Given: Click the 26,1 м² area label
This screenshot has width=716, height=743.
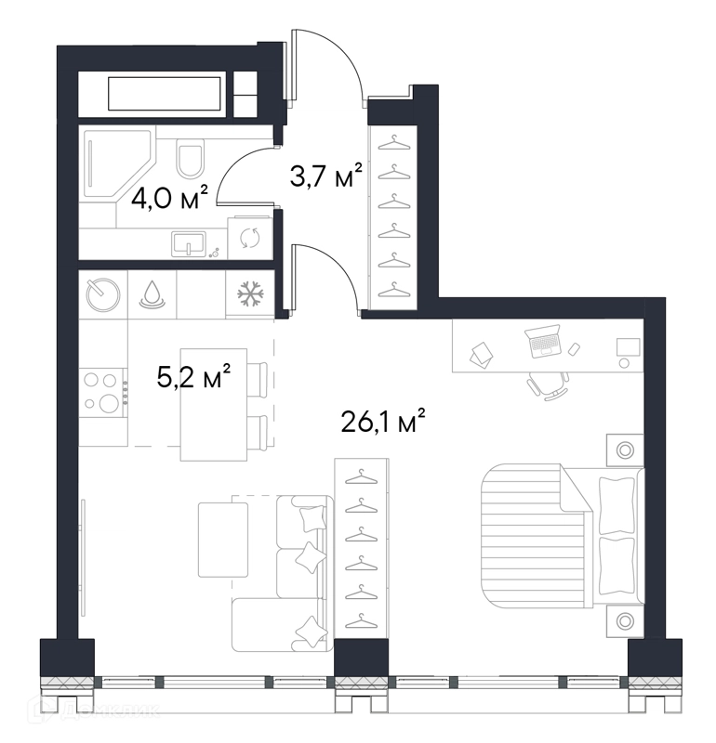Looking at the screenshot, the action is [x=382, y=421].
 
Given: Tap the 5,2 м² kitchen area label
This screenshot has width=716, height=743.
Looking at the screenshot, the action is [x=193, y=376].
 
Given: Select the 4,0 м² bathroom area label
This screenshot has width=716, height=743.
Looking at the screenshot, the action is [x=169, y=198].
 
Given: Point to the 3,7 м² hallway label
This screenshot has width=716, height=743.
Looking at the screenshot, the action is [x=325, y=175].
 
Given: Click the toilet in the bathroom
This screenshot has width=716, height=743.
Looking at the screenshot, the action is [x=191, y=158].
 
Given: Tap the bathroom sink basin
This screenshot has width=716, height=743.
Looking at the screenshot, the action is [x=189, y=243].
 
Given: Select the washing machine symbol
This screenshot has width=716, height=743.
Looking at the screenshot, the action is [x=249, y=238].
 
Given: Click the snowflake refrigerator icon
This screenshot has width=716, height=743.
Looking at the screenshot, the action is [x=249, y=293].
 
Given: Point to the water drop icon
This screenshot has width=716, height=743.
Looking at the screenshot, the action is [x=152, y=294].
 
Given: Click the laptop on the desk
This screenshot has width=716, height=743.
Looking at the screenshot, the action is [x=543, y=340].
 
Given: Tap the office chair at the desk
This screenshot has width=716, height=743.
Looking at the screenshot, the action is [x=548, y=385].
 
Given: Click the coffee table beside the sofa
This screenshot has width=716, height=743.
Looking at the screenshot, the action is [x=223, y=540].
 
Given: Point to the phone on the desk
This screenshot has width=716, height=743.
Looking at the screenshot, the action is [x=574, y=349].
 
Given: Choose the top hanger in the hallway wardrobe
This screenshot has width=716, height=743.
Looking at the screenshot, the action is [x=394, y=143].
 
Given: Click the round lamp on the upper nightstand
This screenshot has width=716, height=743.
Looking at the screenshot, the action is [x=625, y=450].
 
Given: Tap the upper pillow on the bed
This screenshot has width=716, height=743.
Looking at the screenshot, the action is [x=617, y=505].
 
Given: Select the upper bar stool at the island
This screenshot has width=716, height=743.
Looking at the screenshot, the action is [x=257, y=379].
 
